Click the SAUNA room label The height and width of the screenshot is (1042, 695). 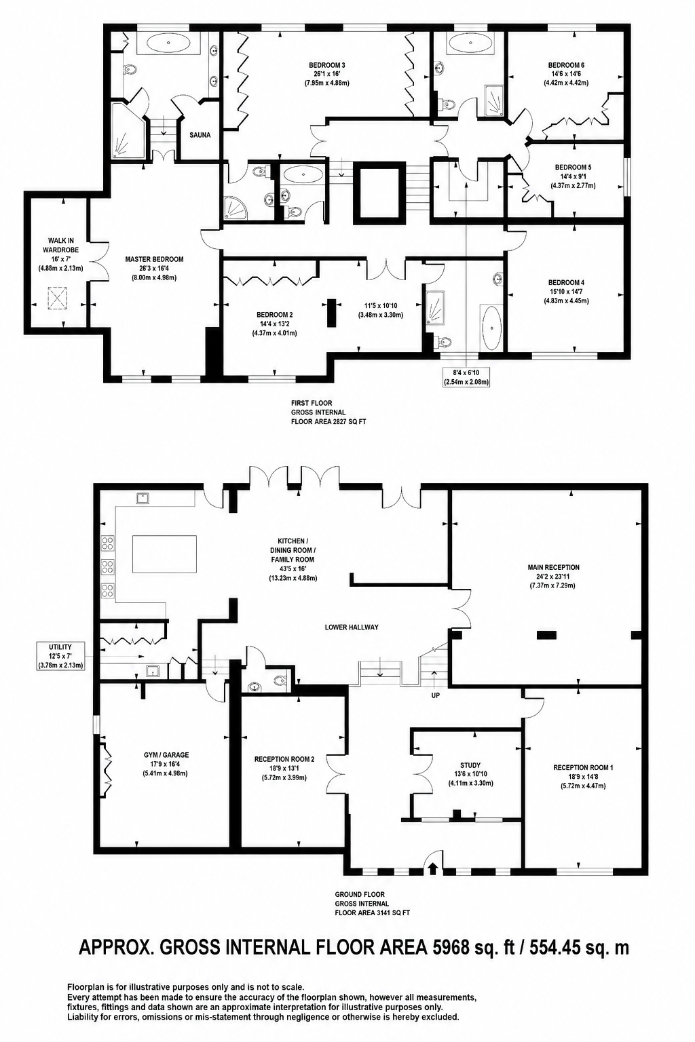tap(200, 135)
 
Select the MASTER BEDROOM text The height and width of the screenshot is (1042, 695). tap(154, 259)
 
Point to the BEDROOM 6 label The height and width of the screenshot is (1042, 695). tap(566, 65)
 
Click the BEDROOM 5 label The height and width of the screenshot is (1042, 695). tap(573, 167)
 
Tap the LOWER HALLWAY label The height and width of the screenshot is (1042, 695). tap(352, 627)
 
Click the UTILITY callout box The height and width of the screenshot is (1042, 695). tap(60, 656)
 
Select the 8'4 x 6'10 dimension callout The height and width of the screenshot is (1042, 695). tap(466, 377)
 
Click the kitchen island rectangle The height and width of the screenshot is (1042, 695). tap(164, 554)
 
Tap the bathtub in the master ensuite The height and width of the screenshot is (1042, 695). tap(168, 44)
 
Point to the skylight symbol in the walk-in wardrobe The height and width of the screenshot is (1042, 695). tap(58, 298)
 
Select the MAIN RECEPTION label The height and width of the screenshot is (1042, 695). tap(553, 568)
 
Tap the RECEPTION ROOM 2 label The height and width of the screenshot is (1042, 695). tap(284, 759)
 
